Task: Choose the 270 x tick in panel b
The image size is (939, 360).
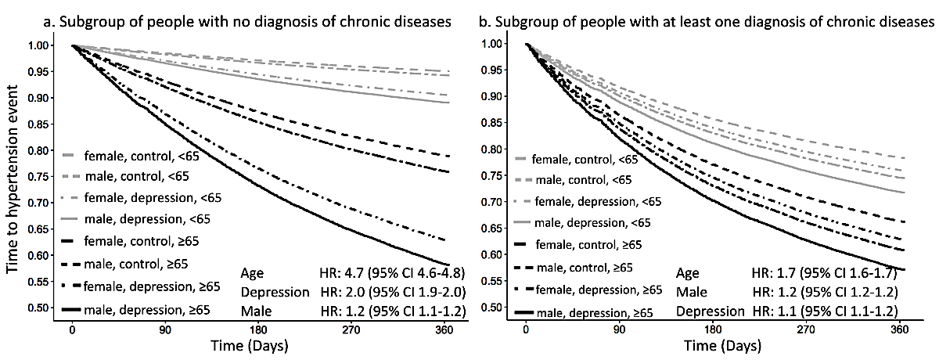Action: tap(806, 329)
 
